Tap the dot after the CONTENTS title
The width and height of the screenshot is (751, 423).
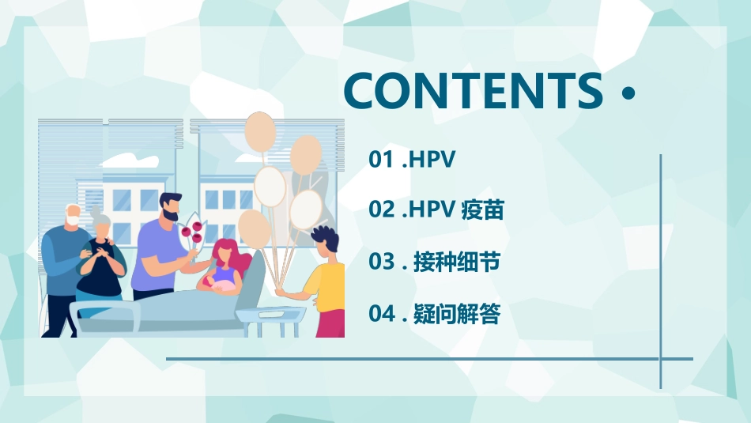[x=628, y=93]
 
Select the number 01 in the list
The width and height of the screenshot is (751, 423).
[x=381, y=159]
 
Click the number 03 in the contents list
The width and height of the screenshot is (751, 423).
[x=382, y=262]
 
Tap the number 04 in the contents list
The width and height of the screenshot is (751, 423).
[x=382, y=314]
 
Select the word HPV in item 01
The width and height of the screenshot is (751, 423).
[x=433, y=159]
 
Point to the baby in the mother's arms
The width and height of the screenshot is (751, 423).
[x=217, y=282]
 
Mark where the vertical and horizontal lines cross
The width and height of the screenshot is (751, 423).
[x=661, y=359]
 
